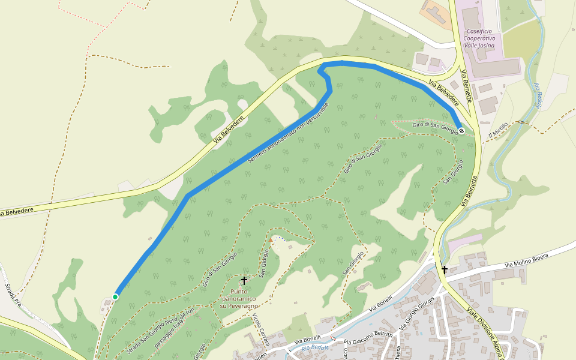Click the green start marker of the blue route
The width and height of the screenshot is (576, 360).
pyautogui.click(x=115, y=296)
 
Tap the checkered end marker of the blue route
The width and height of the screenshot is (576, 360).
pyautogui.click(x=461, y=130)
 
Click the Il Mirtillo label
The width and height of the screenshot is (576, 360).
pyautogui.click(x=498, y=130)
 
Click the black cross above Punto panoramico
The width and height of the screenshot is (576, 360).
pyautogui.click(x=244, y=280)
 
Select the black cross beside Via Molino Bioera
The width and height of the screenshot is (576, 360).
pyautogui.click(x=445, y=269)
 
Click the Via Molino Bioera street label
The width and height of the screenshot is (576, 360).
pyautogui.click(x=526, y=260)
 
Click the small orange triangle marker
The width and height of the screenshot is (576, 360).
pyautogui.click(x=271, y=241)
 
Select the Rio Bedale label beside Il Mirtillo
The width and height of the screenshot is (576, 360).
pyautogui.click(x=538, y=96)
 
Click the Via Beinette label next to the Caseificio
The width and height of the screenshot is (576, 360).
pyautogui.click(x=465, y=87)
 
